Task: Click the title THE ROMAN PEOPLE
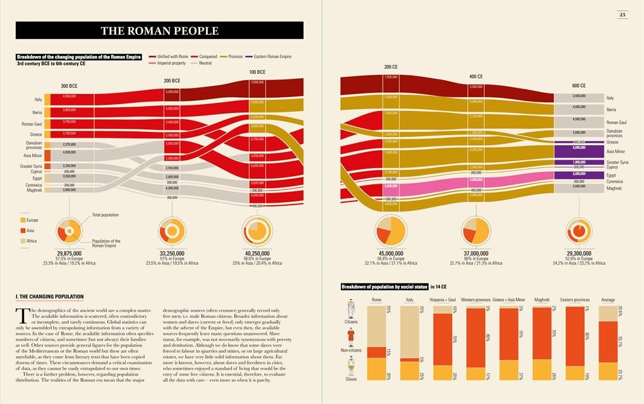(159, 30)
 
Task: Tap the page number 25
(622, 15)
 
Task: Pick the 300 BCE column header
(69, 85)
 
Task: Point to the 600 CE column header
(578, 86)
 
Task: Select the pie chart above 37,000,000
(476, 231)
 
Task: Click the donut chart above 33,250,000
(171, 232)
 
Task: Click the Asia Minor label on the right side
(616, 151)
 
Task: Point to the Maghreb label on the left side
(34, 190)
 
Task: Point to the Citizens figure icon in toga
(351, 310)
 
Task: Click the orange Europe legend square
(23, 220)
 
